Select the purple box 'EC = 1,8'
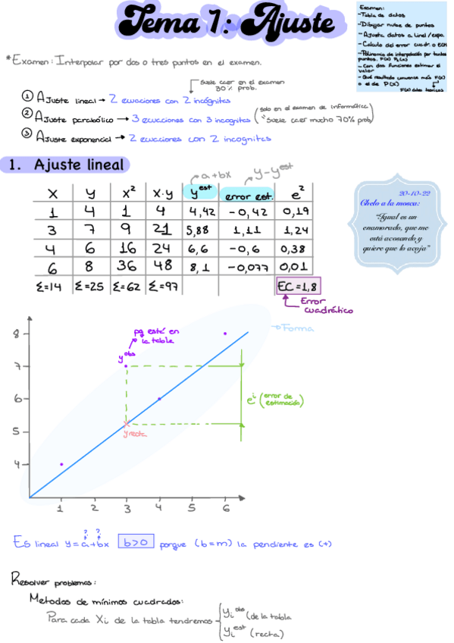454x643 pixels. [299, 287]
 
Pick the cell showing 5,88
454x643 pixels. [200, 230]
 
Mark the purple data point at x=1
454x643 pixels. [61, 464]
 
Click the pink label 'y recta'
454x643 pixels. [136, 433]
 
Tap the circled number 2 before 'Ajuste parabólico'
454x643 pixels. [27, 116]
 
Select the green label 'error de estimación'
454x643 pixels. [282, 400]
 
